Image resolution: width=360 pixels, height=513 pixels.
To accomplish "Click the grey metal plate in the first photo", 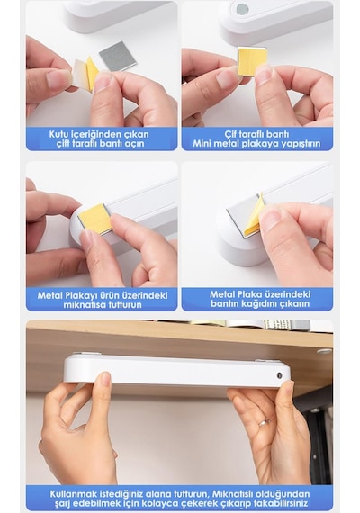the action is (x=118, y=56).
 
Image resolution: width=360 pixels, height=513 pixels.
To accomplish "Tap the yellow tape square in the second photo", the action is (x=251, y=61).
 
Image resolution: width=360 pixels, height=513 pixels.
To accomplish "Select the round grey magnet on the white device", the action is (x=242, y=9).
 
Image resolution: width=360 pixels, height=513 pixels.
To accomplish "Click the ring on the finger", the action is (x=265, y=422).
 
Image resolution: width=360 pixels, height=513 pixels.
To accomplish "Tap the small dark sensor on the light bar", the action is (x=279, y=375).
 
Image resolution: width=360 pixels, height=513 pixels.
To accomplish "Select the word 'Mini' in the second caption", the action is (x=202, y=143).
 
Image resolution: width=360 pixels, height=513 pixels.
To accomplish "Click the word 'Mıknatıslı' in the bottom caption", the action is (x=233, y=493).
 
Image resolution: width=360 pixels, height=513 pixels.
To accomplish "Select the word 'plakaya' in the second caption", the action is (x=255, y=143).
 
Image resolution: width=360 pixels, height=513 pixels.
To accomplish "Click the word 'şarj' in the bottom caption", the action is (x=60, y=503).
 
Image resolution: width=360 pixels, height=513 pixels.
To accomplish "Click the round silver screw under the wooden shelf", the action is (x=323, y=351).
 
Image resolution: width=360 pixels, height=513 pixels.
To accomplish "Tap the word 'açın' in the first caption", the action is (x=135, y=144).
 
